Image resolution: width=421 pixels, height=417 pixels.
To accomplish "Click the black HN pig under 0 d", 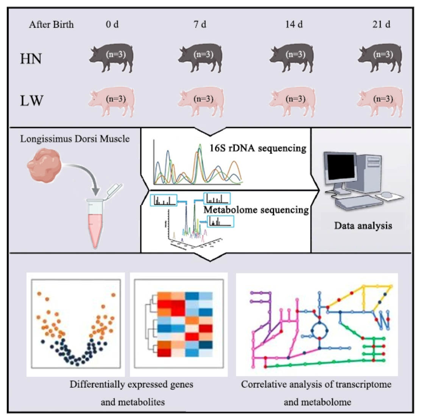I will point(112,57).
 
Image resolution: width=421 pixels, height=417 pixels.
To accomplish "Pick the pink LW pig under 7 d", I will point(201,101).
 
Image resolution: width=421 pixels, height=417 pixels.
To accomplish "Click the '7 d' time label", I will point(200,25).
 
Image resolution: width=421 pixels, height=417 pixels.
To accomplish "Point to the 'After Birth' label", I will point(51,25).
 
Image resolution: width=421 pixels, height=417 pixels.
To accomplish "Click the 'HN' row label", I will point(31,59).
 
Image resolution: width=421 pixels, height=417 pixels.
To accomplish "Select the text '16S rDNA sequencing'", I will point(258,148).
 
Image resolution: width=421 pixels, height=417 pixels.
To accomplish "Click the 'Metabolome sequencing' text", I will point(256,210).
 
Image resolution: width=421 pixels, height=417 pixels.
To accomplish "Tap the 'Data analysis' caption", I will point(363,226).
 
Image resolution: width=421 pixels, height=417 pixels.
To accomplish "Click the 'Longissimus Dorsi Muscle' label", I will point(75,139).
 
